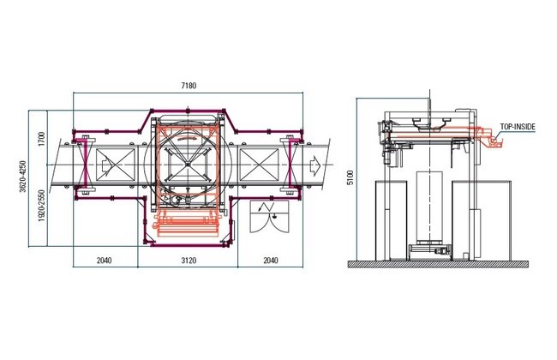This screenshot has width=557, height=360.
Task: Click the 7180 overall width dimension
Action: tap(189, 86)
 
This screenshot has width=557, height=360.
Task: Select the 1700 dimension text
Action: tap(42, 139)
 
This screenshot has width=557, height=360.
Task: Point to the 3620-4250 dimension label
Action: tap(23, 177)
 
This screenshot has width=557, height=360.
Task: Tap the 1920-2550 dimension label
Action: tap(42, 206)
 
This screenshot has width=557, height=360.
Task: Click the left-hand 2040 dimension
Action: tap(104, 261)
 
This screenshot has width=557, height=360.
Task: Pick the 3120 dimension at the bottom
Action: tap(189, 261)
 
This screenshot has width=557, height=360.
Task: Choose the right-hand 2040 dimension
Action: tap(271, 261)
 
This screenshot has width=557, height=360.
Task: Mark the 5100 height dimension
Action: tap(350, 177)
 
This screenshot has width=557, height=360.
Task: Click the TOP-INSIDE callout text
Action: tap(518, 127)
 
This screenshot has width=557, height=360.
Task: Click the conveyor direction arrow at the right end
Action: tap(314, 165)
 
